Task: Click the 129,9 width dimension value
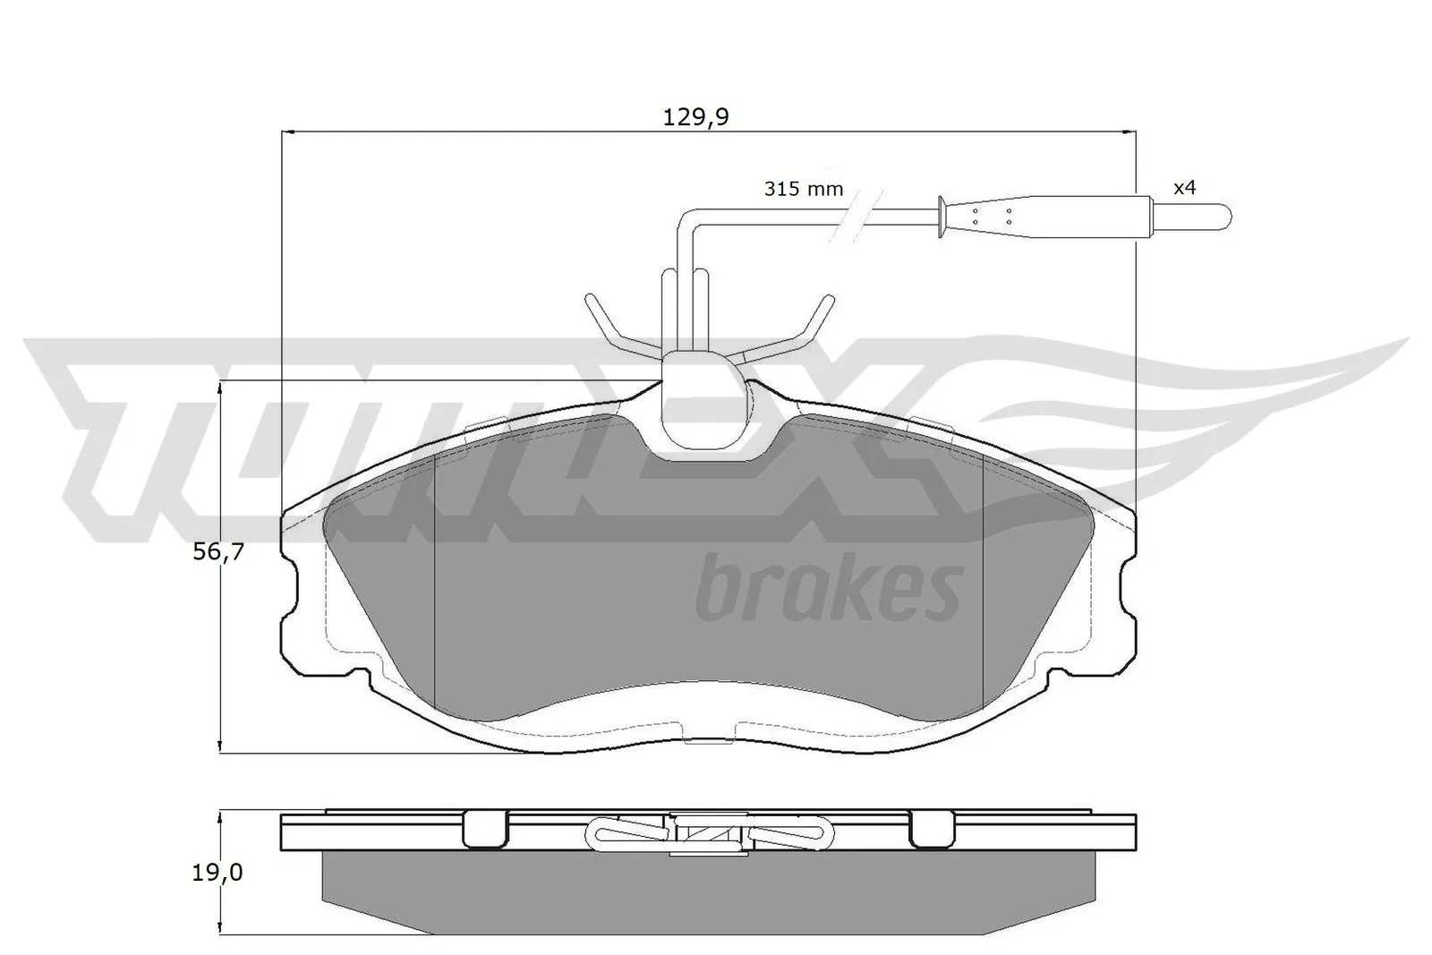[696, 117]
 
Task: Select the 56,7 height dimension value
[219, 552]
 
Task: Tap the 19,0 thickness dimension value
[218, 873]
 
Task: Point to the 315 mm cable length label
[803, 189]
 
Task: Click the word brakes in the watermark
[828, 589]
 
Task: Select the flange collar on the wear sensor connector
[941, 216]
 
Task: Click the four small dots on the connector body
[991, 216]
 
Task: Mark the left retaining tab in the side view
[485, 830]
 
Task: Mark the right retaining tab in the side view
[933, 830]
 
